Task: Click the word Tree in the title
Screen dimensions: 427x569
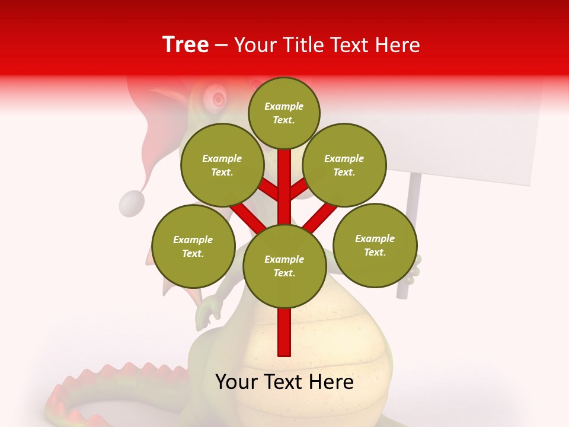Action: coord(186,44)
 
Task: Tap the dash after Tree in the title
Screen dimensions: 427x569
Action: coord(221,45)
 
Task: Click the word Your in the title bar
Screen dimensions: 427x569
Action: coord(256,45)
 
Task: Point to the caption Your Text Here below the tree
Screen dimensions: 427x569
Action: coord(284,382)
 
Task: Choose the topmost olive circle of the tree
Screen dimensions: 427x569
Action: coord(284,113)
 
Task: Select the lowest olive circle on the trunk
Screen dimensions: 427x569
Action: coord(284,266)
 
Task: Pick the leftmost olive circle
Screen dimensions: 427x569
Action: coord(193,246)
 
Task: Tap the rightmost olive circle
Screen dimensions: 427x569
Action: coord(375,245)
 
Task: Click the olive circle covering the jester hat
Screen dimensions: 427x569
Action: coord(222,165)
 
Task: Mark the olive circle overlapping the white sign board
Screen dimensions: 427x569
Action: coord(344,165)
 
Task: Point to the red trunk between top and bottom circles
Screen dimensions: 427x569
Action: coord(284,184)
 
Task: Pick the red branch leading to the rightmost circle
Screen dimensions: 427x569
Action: coord(321,218)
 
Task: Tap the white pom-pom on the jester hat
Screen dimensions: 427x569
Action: coord(132,203)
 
